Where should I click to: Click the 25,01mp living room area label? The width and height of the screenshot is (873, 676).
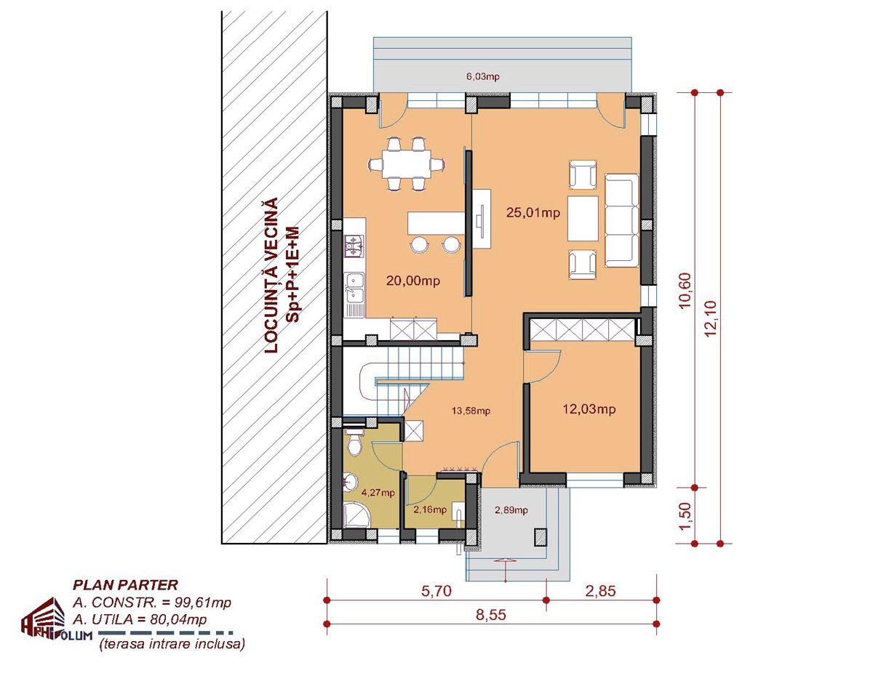pos(533,212)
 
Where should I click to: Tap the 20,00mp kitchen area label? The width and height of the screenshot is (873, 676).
pos(413,281)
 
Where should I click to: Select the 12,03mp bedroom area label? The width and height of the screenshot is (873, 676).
pos(589,409)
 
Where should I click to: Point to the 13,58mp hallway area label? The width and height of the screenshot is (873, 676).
pos(471,411)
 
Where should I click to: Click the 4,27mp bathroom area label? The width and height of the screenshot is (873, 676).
pos(378,493)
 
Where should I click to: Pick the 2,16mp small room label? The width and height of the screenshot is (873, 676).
pos(430,510)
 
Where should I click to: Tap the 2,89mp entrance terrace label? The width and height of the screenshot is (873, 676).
pos(511,510)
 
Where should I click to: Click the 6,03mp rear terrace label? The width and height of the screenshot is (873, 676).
pos(483,76)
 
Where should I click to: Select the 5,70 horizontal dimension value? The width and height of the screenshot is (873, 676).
pos(436,591)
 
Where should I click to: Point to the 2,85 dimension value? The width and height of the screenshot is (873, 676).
pos(600,591)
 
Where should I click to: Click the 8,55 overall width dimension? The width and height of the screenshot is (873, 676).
pos(491,615)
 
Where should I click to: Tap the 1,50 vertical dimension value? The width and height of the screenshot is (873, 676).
pos(686,516)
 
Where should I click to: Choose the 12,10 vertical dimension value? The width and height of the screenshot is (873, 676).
pos(710,319)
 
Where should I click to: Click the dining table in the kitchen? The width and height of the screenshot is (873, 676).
pos(407,164)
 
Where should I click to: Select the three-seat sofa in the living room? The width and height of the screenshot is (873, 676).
pos(622,220)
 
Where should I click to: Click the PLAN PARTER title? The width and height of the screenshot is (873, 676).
pos(125,585)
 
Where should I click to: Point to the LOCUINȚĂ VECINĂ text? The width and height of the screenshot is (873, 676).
pos(271,275)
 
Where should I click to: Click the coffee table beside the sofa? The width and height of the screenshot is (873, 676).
pos(583,218)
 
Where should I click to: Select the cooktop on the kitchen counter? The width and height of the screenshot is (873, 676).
pos(354,246)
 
